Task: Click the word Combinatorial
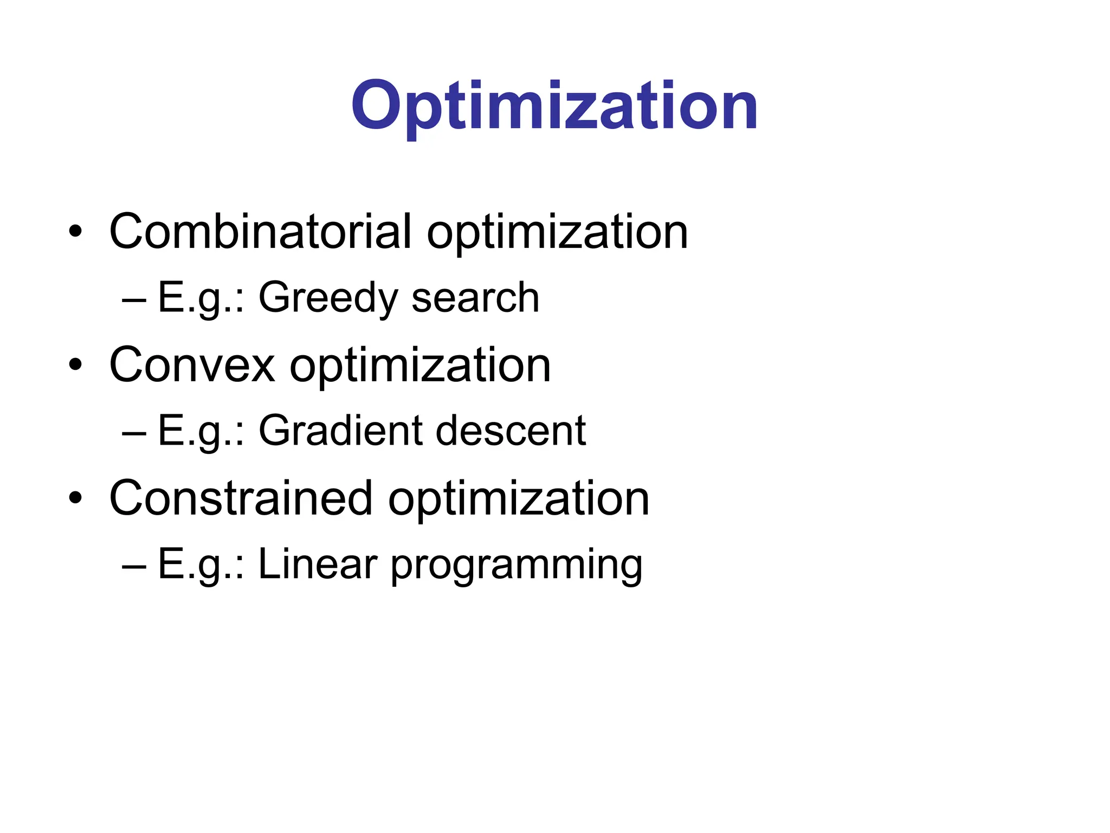point(260,232)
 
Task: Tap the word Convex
point(192,365)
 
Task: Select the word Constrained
point(241,498)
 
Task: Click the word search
point(475,298)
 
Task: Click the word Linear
point(318,564)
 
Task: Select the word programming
point(516,566)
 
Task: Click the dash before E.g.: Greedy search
point(134,299)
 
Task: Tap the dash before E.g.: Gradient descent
point(134,433)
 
